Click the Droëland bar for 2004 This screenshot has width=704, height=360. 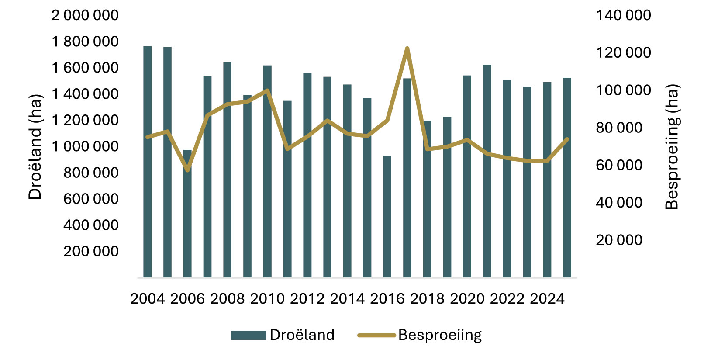pyautogui.click(x=148, y=162)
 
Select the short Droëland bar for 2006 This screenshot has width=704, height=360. pyautogui.click(x=187, y=214)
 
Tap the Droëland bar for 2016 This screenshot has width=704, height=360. pyautogui.click(x=387, y=216)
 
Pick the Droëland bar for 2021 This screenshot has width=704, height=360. pyautogui.click(x=487, y=171)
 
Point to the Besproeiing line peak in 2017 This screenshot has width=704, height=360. pyautogui.click(x=407, y=48)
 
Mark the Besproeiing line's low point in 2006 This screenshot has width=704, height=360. pyautogui.click(x=187, y=170)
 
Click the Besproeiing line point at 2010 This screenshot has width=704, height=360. pyautogui.click(x=267, y=90)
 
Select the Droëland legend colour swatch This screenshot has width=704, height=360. pyautogui.click(x=248, y=335)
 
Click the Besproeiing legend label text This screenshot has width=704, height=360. pyautogui.click(x=440, y=335)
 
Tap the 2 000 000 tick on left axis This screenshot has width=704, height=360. pyautogui.click(x=85, y=15)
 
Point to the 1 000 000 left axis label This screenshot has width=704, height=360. pyautogui.click(x=85, y=146)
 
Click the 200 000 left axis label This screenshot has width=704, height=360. pyautogui.click(x=91, y=251)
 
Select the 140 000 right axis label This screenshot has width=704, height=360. pyautogui.click(x=623, y=15)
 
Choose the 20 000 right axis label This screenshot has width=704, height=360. pyautogui.click(x=619, y=240)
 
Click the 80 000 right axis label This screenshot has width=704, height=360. pyautogui.click(x=619, y=128)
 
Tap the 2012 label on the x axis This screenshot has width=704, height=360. pyautogui.click(x=307, y=299)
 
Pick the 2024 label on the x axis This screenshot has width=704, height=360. pyautogui.click(x=547, y=299)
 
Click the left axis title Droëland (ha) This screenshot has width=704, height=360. pyautogui.click(x=35, y=147)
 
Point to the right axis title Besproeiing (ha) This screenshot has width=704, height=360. pyautogui.click(x=672, y=147)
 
